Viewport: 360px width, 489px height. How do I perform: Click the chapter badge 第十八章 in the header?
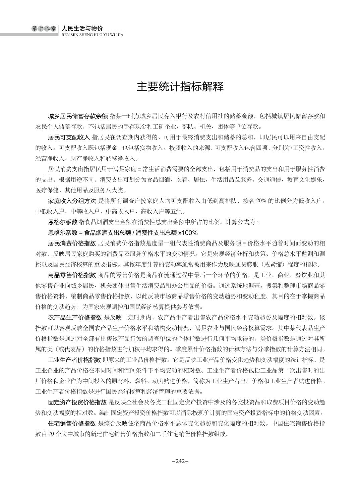point(44,29)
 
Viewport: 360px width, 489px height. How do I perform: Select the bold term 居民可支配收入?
point(69,138)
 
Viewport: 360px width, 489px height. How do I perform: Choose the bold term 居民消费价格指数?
point(72,243)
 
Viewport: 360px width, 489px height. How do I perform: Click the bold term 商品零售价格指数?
point(72,275)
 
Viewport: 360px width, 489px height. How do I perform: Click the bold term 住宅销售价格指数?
point(72,423)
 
